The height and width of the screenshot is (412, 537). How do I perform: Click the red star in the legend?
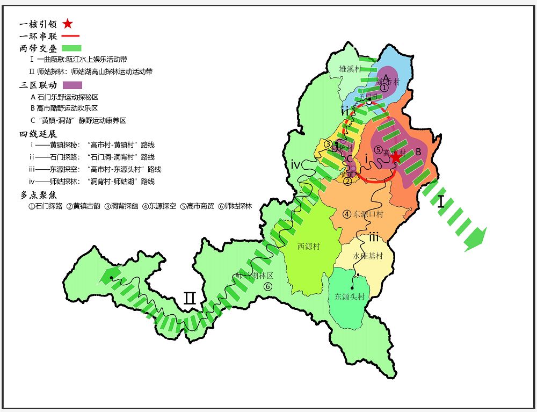67,24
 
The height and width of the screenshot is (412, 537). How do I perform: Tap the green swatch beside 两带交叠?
71,48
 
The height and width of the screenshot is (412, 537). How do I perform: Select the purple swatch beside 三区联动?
72,85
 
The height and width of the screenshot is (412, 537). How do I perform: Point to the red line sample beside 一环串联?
71,36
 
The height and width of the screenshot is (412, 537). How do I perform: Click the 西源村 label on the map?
308,247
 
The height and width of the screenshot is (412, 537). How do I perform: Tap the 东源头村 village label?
350,297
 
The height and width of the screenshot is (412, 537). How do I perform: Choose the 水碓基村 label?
368,256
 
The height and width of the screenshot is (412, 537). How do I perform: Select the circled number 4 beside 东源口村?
347,214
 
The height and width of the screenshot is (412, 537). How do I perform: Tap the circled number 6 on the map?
268,286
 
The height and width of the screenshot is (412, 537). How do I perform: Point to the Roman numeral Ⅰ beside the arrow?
441,202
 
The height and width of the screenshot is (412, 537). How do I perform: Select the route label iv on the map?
296,164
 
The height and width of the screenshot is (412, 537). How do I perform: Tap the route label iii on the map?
374,237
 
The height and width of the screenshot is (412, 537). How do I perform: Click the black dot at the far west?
111,278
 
